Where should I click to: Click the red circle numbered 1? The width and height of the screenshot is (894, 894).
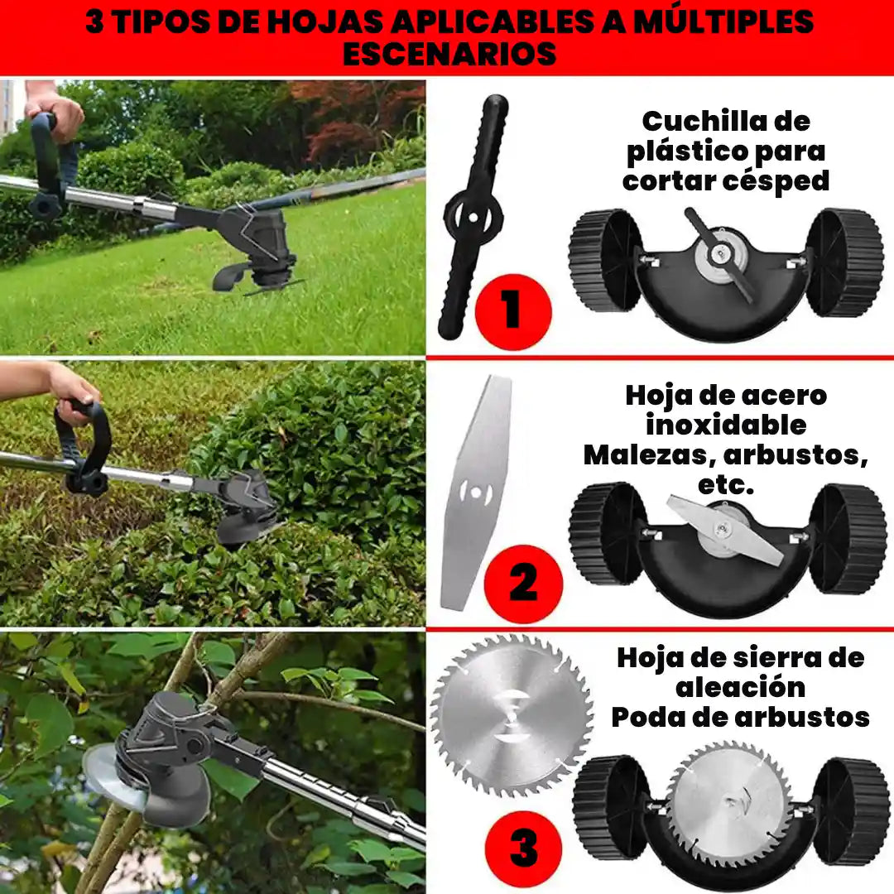click(x=512, y=312)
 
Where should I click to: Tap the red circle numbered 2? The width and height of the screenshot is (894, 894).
click(x=523, y=584)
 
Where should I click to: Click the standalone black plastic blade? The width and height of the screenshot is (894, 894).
click(x=473, y=217)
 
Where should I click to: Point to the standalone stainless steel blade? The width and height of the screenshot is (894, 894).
click(x=476, y=493)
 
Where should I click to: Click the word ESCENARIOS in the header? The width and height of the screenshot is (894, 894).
click(x=449, y=53)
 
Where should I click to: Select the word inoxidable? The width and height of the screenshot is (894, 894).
click(x=726, y=425)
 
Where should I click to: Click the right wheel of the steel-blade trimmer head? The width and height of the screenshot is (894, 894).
click(x=847, y=538)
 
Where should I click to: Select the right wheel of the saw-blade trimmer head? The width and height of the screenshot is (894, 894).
click(x=851, y=811)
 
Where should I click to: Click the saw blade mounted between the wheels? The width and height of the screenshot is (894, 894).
click(x=728, y=803)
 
